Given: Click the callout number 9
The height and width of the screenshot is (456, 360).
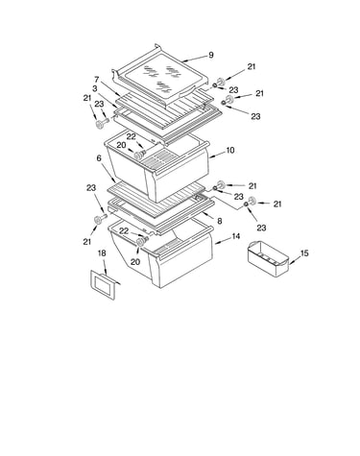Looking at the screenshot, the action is pyautogui.click(x=211, y=55).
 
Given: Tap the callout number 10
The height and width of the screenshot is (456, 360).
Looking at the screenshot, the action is pyautogui.click(x=230, y=150).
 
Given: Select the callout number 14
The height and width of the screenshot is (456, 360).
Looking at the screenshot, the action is pyautogui.click(x=236, y=236).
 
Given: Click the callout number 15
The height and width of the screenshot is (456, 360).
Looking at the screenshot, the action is pyautogui.click(x=304, y=253).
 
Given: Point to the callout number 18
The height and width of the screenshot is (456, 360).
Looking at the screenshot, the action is pyautogui.click(x=102, y=253).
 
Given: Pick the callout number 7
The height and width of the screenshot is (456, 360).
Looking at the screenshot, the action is pyautogui.click(x=97, y=79).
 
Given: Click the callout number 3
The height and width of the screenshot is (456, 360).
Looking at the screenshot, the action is pyautogui.click(x=95, y=88).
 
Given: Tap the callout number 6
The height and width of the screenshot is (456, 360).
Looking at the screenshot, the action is pyautogui.click(x=99, y=158).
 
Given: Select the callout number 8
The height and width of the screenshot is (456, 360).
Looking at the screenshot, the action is pyautogui.click(x=220, y=221).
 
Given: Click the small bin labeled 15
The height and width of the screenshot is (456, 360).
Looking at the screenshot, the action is pyautogui.click(x=268, y=258).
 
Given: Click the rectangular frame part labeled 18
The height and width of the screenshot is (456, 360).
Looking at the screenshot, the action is pyautogui.click(x=103, y=284).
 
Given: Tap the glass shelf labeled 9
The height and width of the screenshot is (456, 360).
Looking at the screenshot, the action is pyautogui.click(x=161, y=77).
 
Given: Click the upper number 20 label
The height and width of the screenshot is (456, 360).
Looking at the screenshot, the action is pyautogui.click(x=121, y=145).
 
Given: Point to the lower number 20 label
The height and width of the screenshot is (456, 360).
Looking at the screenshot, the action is pyautogui.click(x=135, y=262).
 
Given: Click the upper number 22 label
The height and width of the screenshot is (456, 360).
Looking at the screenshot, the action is pyautogui.click(x=132, y=136).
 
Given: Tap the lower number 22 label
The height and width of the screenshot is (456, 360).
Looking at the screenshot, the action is pyautogui.click(x=124, y=230).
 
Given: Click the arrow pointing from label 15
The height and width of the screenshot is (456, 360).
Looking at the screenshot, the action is pyautogui.click(x=295, y=260).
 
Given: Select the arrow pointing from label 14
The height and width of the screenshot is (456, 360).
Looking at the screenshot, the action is pyautogui.click(x=222, y=241).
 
